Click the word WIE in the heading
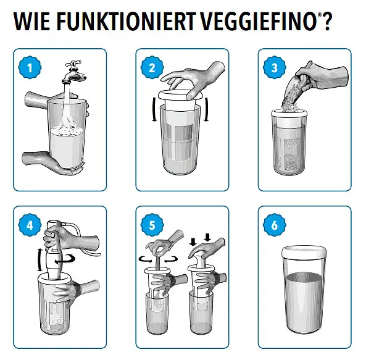tap(31, 21)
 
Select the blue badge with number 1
tap(30, 68)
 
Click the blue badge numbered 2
tap(152, 68)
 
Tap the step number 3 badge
tap(275, 68)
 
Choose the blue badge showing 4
tap(30, 225)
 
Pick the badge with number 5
tap(152, 225)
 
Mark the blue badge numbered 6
tap(275, 225)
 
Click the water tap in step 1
tap(73, 72)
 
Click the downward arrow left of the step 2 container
tap(154, 110)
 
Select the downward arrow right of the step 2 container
tap(206, 110)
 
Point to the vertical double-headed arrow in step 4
tap(40, 259)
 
